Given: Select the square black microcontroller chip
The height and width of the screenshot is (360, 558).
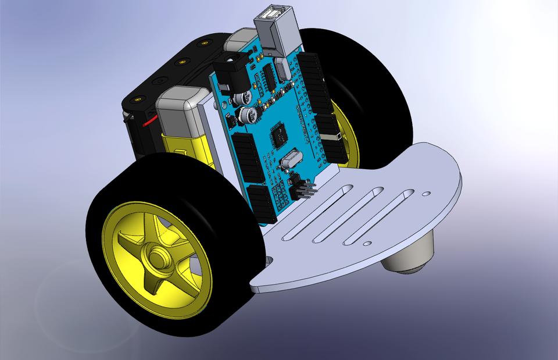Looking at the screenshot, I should (x=279, y=135).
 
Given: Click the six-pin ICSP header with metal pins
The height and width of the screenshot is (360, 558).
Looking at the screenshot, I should (x=303, y=189).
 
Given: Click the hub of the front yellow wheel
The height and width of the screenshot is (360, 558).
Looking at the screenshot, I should (x=156, y=256).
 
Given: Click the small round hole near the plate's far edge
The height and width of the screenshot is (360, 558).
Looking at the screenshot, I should (x=426, y=194).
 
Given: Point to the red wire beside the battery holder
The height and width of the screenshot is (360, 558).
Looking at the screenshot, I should (x=150, y=121).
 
